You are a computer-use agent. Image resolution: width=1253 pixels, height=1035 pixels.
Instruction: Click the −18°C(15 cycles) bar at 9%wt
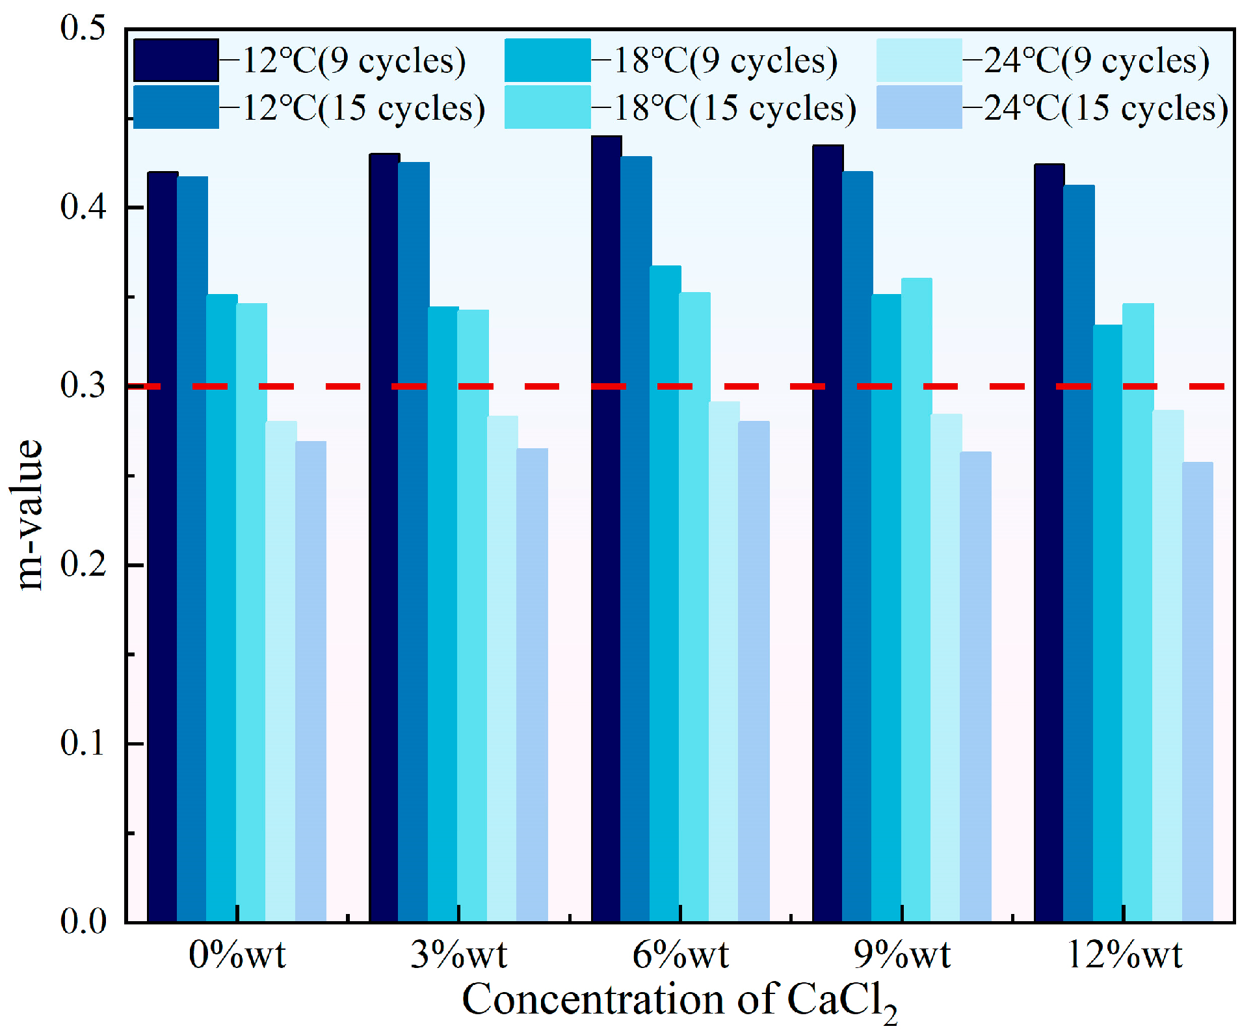coord(916,599)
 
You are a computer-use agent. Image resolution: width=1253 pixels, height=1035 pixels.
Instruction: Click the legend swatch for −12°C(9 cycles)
coord(176,60)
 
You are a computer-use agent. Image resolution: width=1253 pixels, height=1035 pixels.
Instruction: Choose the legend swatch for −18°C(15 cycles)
coord(547,107)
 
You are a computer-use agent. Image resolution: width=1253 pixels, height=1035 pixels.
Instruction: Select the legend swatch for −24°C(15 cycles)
coord(919,107)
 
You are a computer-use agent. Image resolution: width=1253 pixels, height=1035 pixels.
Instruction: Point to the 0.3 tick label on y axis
coord(83,386)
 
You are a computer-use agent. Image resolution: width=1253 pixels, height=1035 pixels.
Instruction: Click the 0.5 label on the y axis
coord(83,29)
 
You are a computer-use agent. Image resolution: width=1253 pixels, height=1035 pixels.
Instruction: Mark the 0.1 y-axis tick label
coord(83,743)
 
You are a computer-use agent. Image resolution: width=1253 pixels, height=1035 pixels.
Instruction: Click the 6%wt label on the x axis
coord(680,955)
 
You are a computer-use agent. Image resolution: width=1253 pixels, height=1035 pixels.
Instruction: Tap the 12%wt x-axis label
coord(1124,955)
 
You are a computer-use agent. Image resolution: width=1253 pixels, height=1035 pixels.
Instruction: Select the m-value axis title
coord(30,514)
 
